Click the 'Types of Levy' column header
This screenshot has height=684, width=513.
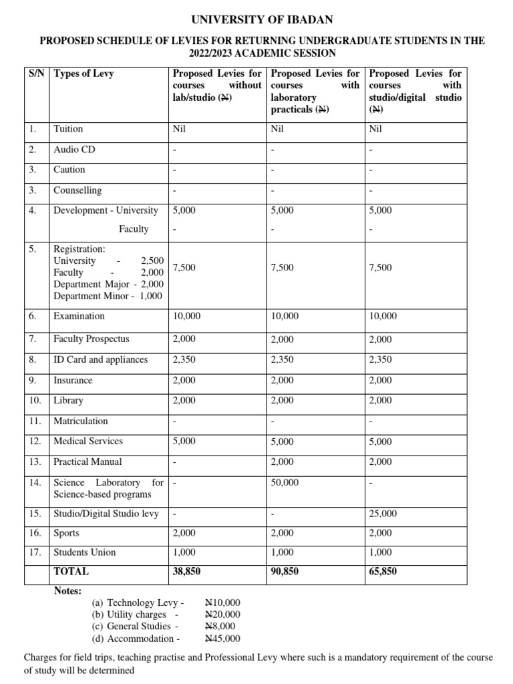click(83, 73)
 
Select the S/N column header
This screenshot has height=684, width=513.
click(37, 73)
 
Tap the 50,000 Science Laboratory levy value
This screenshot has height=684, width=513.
click(285, 482)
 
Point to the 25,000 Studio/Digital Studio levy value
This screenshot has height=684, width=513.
click(383, 514)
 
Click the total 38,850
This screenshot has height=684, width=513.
click(186, 572)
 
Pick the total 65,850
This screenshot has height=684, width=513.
click(383, 572)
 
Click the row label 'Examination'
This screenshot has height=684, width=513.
click(79, 316)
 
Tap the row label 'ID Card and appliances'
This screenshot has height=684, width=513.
click(100, 359)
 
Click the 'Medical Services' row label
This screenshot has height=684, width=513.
click(88, 441)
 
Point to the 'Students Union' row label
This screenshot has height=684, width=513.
click(84, 552)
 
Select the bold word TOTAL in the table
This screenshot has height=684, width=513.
click(71, 572)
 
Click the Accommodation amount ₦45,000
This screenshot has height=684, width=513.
click(222, 639)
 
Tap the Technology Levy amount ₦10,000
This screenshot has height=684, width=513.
click(222, 603)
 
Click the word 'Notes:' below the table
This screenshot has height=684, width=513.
click(67, 590)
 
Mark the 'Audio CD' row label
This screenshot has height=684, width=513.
click(74, 149)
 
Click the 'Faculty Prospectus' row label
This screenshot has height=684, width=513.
click(92, 339)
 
